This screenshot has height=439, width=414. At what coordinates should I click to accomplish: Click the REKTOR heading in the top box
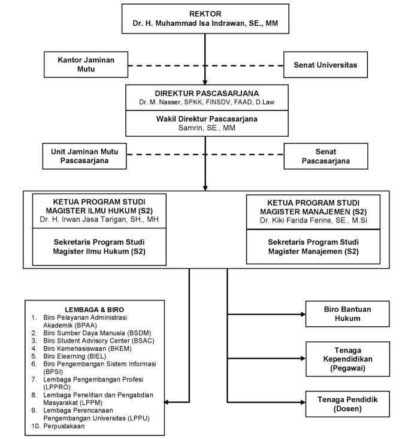point(206,14)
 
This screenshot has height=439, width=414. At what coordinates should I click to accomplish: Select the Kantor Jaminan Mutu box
point(86,65)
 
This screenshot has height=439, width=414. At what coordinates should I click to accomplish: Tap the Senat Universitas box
point(325,65)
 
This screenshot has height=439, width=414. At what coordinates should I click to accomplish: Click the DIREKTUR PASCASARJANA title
point(207,93)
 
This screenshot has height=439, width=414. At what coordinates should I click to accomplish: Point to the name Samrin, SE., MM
point(207,128)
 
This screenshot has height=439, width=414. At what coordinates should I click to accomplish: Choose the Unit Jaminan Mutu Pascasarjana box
point(84,156)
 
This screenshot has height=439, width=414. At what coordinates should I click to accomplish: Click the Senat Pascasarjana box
point(326,156)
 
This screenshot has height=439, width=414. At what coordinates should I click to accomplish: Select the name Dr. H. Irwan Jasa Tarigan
point(83,220)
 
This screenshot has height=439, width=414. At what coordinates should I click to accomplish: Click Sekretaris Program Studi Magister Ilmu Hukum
point(99,246)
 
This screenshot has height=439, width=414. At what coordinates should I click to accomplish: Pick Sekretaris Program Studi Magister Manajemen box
point(313,246)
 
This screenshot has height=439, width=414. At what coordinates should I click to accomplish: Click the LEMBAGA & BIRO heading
point(94,309)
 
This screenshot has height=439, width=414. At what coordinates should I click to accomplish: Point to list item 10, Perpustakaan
point(58,426)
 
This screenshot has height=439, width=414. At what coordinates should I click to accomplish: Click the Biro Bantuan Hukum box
point(347,314)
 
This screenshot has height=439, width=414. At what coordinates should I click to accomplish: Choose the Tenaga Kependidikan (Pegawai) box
point(347,359)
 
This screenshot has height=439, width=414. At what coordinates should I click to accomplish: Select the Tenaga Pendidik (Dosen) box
point(347,404)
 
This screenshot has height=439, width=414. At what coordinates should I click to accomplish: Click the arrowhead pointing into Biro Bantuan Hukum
point(303,314)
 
